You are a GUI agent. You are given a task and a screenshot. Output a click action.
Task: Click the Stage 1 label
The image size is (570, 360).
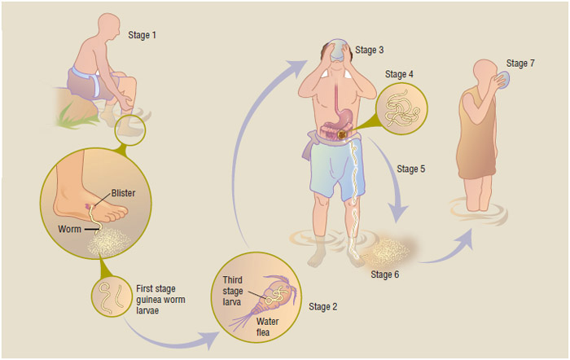142,35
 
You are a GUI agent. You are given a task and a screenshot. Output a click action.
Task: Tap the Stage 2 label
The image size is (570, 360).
322,307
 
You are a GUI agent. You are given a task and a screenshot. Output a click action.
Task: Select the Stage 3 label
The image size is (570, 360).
370,50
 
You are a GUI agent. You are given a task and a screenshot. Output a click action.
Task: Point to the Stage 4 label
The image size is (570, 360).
399,74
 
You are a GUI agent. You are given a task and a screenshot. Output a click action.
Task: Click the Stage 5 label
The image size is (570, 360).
410,169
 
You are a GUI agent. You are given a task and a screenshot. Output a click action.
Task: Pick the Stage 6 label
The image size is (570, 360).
385,274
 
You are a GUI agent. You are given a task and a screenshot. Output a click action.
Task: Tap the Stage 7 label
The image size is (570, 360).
520,64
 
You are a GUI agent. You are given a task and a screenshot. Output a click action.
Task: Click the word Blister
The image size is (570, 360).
123,193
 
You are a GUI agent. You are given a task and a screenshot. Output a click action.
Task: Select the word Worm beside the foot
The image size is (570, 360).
69,229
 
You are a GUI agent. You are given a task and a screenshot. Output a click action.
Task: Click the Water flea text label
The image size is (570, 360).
267,327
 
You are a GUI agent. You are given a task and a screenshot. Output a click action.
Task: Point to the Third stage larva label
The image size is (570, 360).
233,291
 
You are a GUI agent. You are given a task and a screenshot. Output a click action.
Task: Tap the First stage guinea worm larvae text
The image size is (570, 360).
160,300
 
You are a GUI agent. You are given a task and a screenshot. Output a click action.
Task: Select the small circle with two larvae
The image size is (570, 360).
112,296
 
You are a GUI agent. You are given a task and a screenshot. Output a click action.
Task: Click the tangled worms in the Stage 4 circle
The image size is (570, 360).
401,108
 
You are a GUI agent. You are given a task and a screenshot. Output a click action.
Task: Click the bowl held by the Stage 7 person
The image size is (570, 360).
503,80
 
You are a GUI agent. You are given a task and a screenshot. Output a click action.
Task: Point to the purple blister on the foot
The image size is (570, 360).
88,206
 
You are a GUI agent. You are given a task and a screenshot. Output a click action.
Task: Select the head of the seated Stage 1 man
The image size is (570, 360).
108,26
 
